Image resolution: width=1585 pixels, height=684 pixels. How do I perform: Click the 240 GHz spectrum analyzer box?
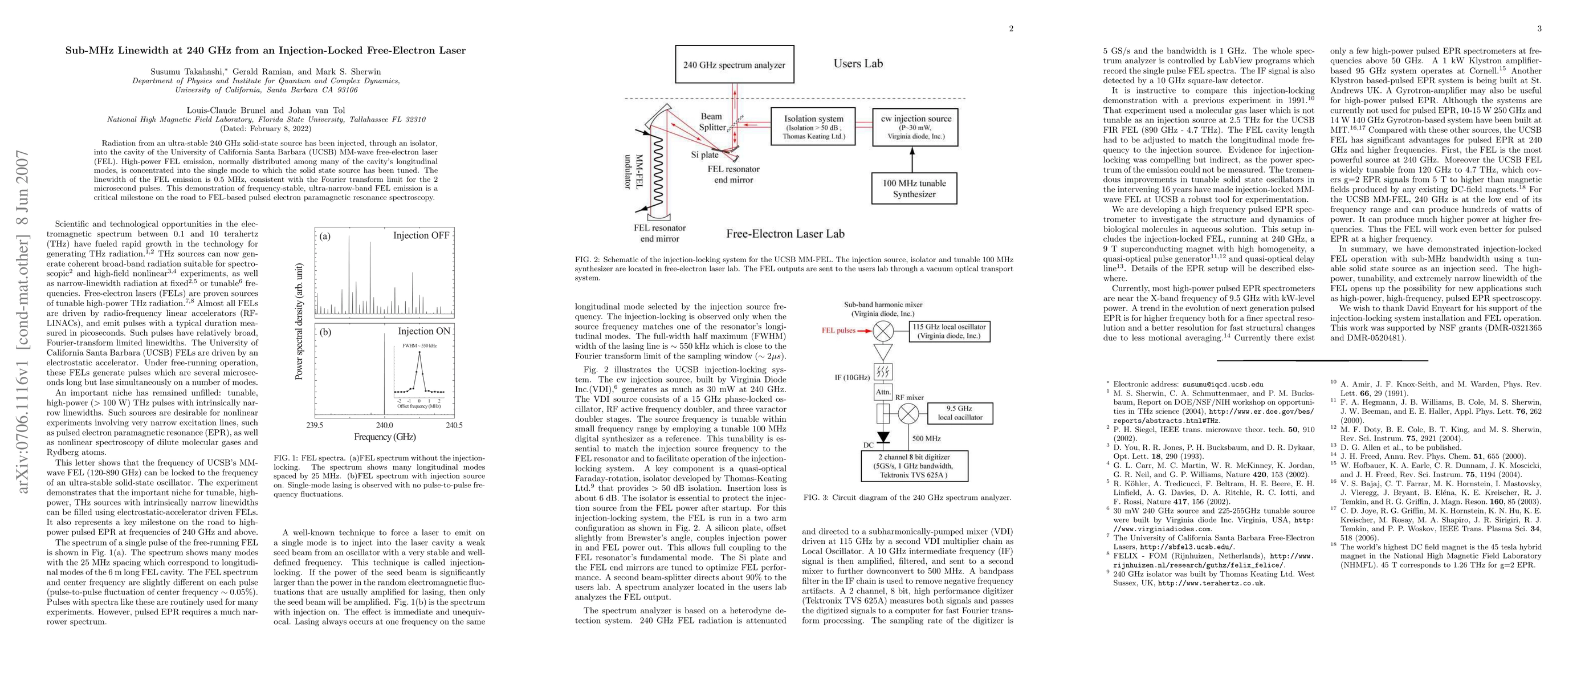click(734, 64)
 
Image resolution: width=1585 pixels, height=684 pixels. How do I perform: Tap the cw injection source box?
click(915, 127)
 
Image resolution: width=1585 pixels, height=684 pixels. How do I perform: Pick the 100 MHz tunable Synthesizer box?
click(914, 188)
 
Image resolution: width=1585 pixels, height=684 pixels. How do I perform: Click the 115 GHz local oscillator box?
click(949, 332)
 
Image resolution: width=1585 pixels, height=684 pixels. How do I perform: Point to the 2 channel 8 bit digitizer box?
click(914, 466)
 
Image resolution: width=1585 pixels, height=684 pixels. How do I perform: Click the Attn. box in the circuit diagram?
click(883, 391)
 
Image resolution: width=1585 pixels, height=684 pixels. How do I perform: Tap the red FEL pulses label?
click(838, 330)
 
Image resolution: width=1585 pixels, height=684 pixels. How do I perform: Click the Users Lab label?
click(858, 63)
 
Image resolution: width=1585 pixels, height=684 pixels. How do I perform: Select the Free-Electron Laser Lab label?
click(785, 234)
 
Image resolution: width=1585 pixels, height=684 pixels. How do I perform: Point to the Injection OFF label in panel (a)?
click(421, 235)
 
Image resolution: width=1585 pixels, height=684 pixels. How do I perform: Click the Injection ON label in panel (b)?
click(424, 331)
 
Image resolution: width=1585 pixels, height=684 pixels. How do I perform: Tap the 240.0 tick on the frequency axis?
click(385, 425)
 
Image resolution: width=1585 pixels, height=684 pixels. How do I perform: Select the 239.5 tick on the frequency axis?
click(315, 425)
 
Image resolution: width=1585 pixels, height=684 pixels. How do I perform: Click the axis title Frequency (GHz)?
click(385, 437)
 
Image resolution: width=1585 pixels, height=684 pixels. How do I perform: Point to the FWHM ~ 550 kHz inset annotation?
click(419, 345)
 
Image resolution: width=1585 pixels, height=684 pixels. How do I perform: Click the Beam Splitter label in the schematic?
click(712, 122)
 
